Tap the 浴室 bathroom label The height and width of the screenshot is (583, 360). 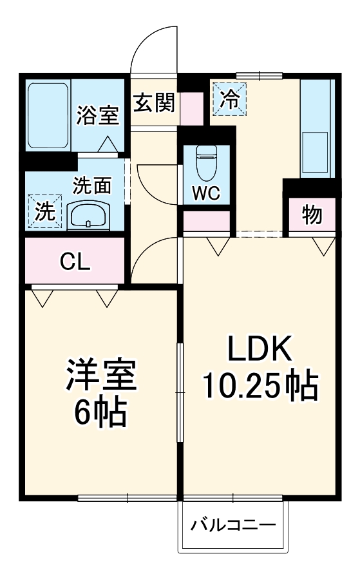[97, 116]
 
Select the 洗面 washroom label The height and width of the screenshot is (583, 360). [91, 186]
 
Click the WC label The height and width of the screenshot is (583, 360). [206, 193]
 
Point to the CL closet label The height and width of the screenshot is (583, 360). [75, 262]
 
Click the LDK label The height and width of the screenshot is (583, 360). [260, 350]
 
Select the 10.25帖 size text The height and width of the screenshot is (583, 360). [260, 387]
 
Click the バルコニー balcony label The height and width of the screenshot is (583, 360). [232, 525]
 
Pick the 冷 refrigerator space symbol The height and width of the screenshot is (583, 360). [229, 99]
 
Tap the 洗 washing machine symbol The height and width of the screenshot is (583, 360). [44, 212]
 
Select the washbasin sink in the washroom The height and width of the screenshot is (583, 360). [90, 215]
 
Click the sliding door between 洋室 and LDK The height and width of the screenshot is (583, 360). [180, 392]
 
